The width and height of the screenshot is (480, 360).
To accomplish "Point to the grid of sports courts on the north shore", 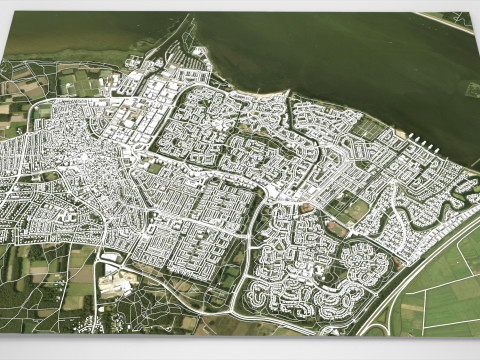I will pyautogui.click(x=370, y=127).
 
